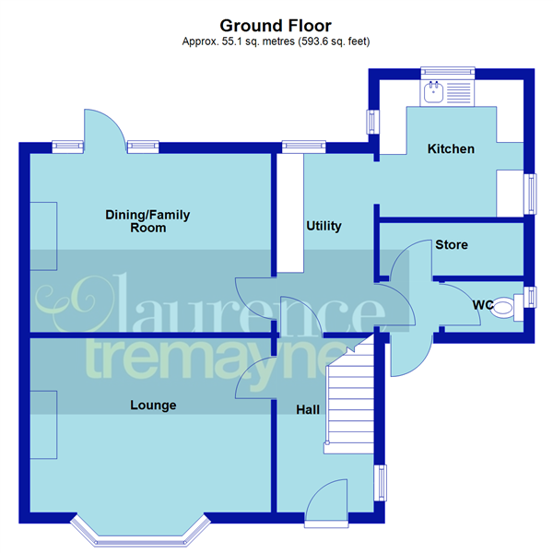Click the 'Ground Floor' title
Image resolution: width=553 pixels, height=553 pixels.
point(276,26)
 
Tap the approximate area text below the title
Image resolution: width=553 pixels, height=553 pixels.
point(276,41)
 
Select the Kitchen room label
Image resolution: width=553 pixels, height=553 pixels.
point(451,148)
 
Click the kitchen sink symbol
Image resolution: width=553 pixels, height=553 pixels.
point(433,91)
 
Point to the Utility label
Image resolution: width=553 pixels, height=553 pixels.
point(324,226)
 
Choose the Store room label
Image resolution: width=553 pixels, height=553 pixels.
point(452,245)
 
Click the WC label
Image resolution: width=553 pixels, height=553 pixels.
point(483,304)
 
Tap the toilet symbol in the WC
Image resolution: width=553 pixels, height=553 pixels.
point(504,312)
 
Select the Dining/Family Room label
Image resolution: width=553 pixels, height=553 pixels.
point(147,221)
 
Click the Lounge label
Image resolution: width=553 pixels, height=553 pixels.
point(153,405)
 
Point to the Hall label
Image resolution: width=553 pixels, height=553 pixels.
point(308,408)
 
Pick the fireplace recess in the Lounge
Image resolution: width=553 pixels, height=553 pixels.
point(43,425)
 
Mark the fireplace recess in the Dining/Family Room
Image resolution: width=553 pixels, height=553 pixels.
point(43,236)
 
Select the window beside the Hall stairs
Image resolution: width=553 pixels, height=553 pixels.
point(380,483)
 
